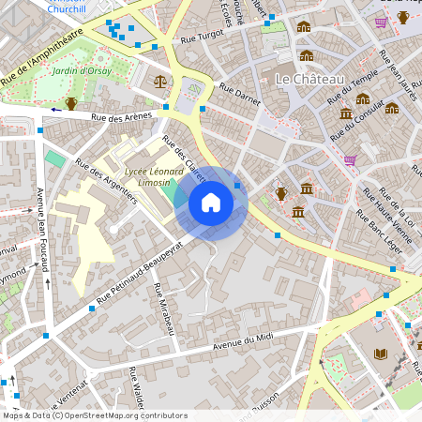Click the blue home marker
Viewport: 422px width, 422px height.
(x=211, y=203)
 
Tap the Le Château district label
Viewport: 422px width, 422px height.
(x=310, y=80)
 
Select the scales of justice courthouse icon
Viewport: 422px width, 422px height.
(x=159, y=82)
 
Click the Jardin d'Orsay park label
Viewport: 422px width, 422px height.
(x=83, y=70)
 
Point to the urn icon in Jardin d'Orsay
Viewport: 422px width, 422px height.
(x=71, y=103)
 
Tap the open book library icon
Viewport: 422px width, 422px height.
(x=380, y=354)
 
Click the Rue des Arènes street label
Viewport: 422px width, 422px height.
(x=121, y=117)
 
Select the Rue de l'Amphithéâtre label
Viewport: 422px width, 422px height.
(x=42, y=58)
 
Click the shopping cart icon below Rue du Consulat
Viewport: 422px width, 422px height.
(x=350, y=160)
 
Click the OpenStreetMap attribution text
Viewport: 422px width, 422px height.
(x=95, y=415)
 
